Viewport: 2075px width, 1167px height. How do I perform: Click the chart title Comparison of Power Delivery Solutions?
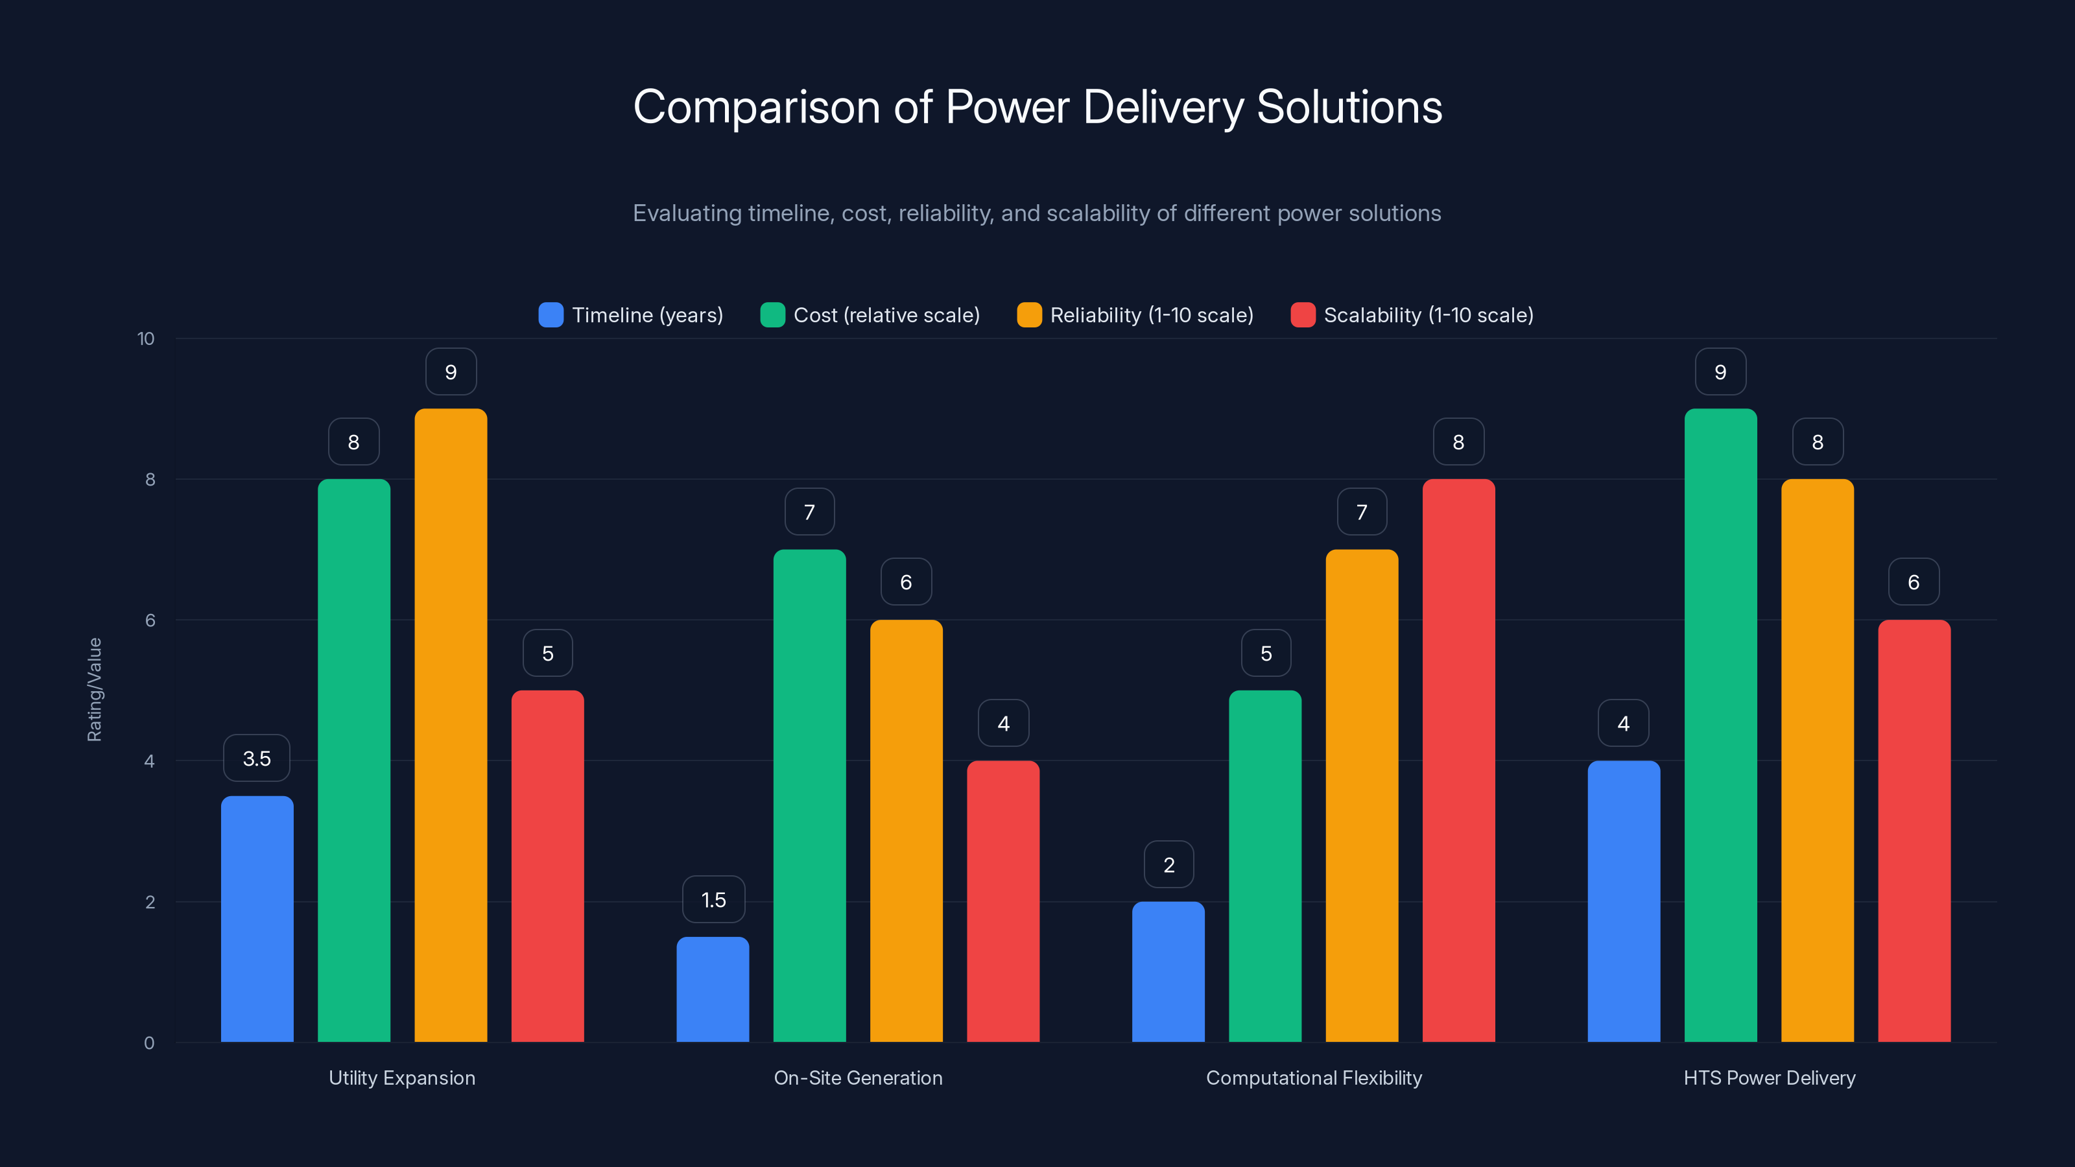(x=1037, y=107)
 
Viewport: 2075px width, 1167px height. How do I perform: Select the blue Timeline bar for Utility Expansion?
(x=257, y=918)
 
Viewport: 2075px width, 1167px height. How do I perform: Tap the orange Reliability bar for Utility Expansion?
(x=450, y=725)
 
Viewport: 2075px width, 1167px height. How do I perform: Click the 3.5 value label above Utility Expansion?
(x=256, y=758)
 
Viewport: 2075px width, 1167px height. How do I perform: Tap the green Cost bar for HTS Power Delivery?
(x=1720, y=725)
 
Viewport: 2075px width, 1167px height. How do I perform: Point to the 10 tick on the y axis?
(x=146, y=338)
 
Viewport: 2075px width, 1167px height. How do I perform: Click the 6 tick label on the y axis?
(x=150, y=620)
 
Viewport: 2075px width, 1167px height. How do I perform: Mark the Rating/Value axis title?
(x=94, y=689)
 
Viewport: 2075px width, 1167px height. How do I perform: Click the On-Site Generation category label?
(x=858, y=1078)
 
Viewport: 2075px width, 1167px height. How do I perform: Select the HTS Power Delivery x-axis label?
(x=1769, y=1078)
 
